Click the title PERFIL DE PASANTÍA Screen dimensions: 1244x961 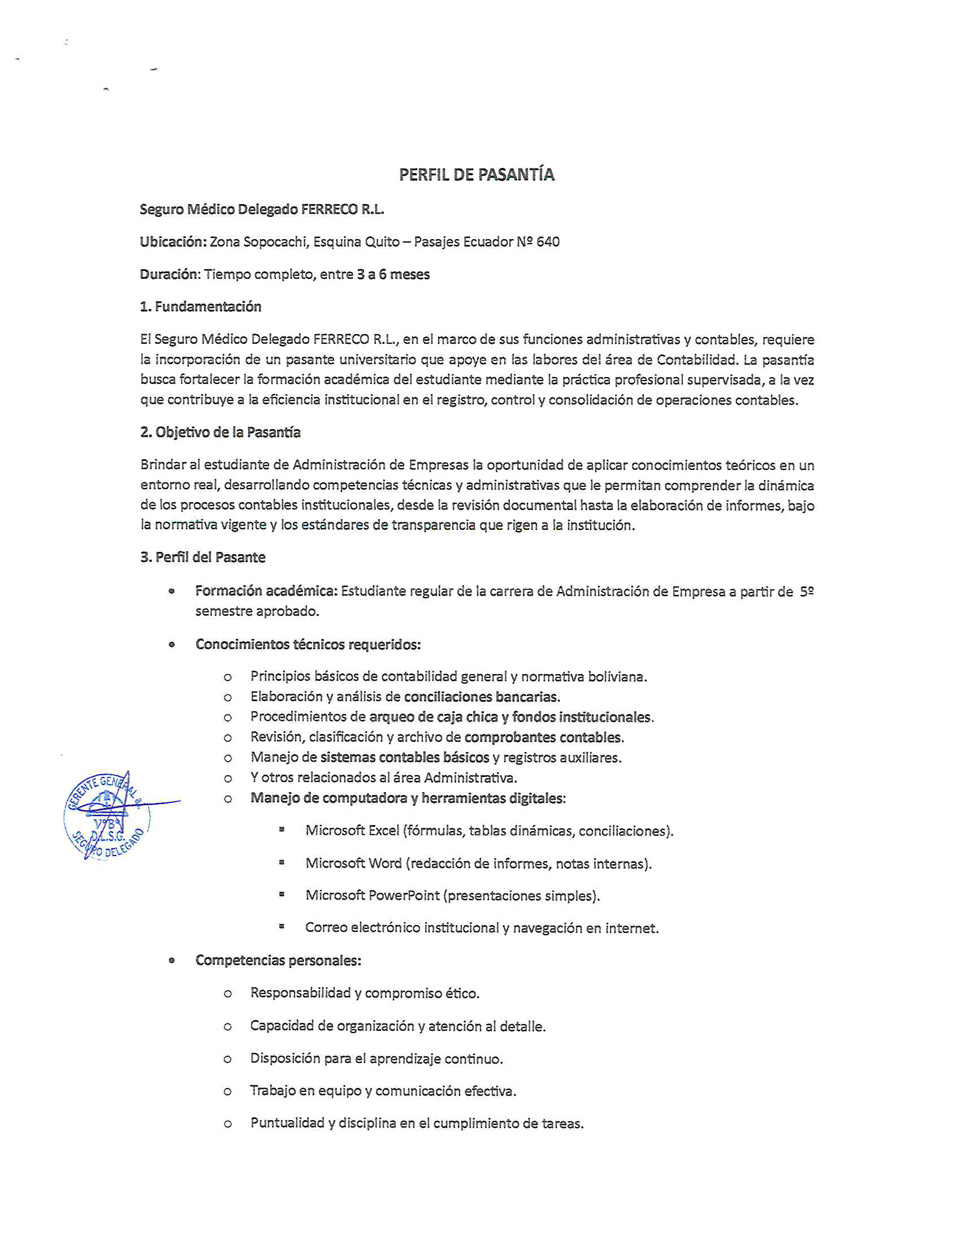click(x=476, y=174)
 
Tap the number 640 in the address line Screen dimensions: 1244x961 click(x=548, y=242)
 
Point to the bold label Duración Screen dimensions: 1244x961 click(x=170, y=275)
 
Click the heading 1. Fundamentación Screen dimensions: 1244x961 click(x=201, y=307)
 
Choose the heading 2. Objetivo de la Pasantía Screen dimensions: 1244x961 click(x=220, y=433)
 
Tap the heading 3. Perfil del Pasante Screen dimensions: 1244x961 click(x=203, y=557)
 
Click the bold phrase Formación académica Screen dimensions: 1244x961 click(x=266, y=591)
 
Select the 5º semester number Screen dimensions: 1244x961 click(x=806, y=592)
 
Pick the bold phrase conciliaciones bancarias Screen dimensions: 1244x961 click(x=482, y=697)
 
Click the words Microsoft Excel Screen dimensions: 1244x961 click(x=352, y=831)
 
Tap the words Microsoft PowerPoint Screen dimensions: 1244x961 click(x=373, y=896)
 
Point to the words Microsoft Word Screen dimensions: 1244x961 click(x=353, y=863)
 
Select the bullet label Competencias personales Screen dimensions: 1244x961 click(x=278, y=960)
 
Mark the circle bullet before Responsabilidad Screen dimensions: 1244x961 click(x=228, y=994)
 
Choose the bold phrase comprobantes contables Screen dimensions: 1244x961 click(x=544, y=737)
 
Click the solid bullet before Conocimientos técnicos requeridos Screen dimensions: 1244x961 click(x=171, y=645)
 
